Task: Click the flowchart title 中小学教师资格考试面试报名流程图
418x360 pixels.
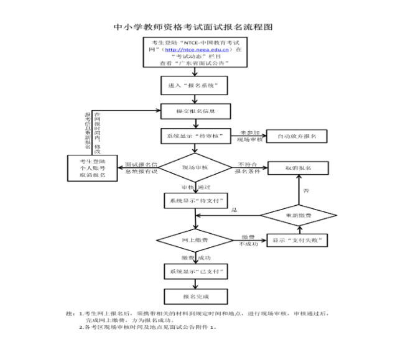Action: point(193,27)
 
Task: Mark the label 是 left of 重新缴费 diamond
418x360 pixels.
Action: point(235,211)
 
